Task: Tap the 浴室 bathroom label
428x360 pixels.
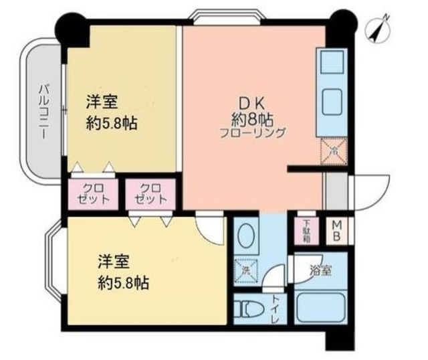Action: (x=320, y=271)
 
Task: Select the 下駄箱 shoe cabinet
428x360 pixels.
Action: (x=306, y=231)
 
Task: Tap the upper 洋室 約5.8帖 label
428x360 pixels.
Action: (x=110, y=113)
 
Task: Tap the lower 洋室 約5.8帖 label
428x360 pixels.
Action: (x=121, y=270)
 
